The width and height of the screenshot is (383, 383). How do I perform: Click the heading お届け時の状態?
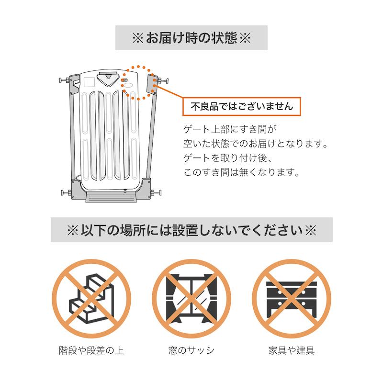[x=191, y=38]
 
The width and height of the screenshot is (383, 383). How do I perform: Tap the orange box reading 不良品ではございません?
[x=242, y=106]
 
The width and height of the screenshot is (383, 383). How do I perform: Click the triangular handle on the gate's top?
[x=107, y=77]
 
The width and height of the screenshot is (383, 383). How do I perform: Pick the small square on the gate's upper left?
[x=88, y=81]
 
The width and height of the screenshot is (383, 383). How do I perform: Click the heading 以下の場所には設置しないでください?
[x=191, y=230]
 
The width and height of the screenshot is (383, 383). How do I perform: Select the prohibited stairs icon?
[x=91, y=298]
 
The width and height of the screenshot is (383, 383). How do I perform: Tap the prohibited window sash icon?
[x=191, y=298]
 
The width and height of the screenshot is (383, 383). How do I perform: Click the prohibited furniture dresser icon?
[x=292, y=298]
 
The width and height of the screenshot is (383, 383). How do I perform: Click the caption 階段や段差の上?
[x=91, y=350]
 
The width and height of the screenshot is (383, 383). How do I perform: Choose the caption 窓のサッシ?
[x=191, y=350]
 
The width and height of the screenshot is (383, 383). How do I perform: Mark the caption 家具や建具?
[x=292, y=350]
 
